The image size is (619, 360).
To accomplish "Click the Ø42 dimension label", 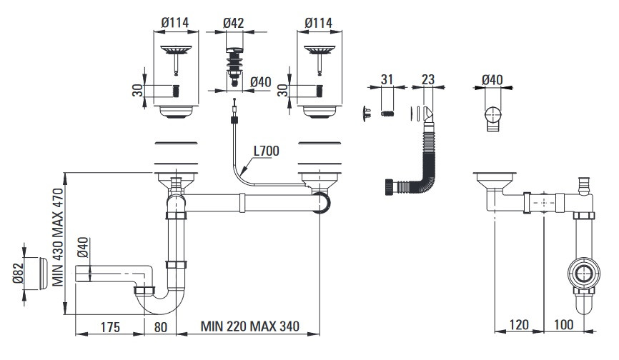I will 234,23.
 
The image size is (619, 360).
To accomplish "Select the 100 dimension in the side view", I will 564,325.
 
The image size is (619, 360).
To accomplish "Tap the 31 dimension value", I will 387,79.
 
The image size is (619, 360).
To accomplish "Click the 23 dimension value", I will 428,79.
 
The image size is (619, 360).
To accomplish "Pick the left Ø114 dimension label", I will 175,23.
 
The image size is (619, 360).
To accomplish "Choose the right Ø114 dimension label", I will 318,23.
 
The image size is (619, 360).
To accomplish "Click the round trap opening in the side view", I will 584,273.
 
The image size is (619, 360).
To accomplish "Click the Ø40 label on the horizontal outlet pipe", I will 82,250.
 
